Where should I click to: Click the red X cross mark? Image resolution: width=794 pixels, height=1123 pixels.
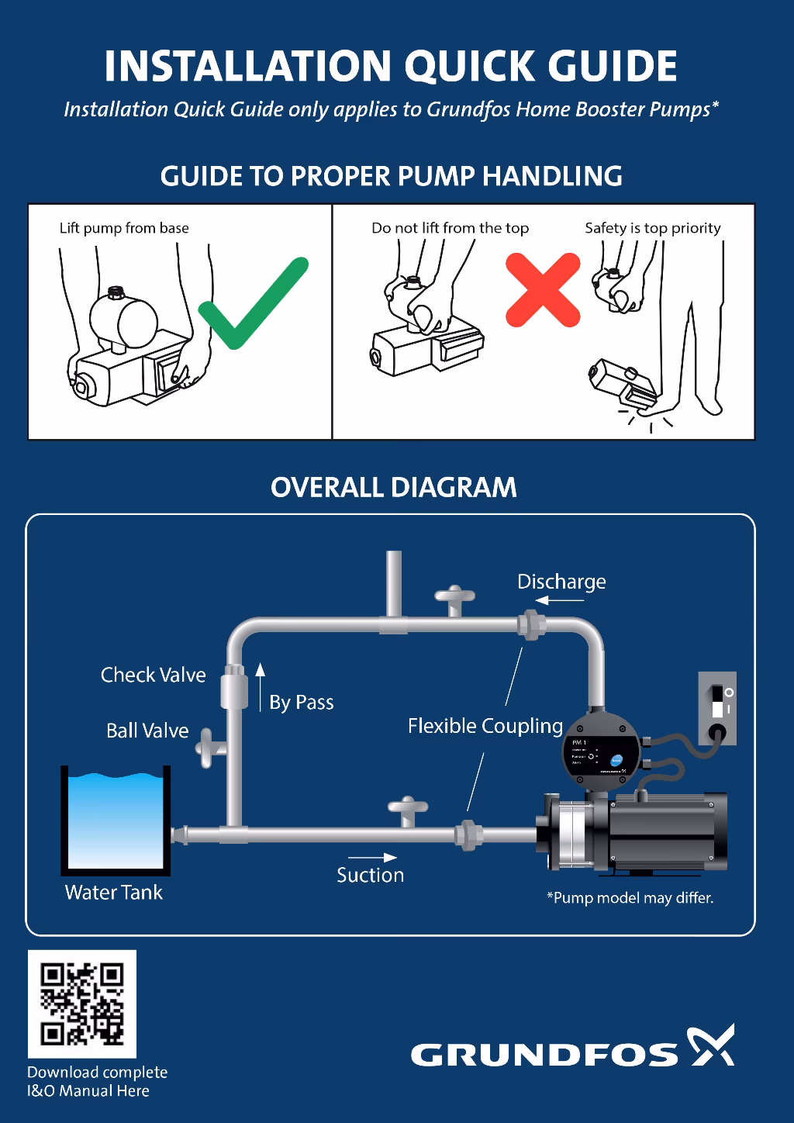coord(543,289)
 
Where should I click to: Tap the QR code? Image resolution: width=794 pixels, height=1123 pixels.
coord(82,1004)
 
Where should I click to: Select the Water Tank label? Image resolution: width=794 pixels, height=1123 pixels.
coord(114,893)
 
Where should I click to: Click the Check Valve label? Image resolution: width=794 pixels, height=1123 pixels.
coord(154,675)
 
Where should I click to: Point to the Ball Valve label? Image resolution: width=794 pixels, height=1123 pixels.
coord(147,731)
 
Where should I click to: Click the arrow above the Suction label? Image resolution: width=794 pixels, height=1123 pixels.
coord(372,857)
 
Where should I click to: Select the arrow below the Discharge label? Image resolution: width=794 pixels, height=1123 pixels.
coord(554,600)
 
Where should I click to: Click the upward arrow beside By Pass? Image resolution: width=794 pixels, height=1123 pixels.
coord(261,686)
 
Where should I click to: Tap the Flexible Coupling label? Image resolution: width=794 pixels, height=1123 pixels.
coord(485,726)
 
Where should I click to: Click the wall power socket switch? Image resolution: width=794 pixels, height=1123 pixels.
coord(717,701)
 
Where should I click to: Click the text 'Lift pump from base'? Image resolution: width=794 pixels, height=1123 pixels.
coord(124,228)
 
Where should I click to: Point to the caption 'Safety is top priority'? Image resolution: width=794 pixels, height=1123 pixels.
coord(653,228)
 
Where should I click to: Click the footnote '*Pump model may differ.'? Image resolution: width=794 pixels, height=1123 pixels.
coord(630,898)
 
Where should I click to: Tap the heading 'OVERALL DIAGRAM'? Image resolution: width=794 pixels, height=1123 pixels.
coord(394,488)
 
